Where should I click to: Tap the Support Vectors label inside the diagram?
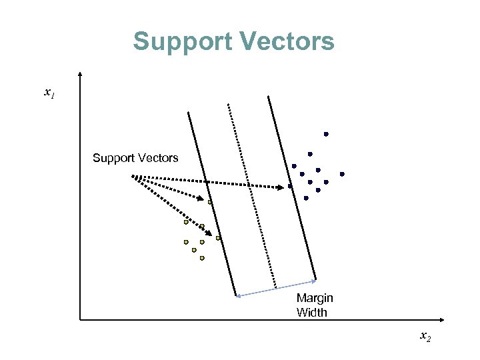(135, 158)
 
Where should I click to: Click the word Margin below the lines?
(315, 298)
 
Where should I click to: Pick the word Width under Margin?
(312, 312)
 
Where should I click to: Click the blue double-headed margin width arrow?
(276, 287)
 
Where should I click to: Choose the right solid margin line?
(291, 187)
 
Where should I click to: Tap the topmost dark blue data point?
(326, 135)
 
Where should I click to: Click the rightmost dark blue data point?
(342, 174)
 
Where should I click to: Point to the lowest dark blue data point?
(306, 198)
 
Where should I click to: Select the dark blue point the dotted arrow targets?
(290, 187)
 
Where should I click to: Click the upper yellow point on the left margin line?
(209, 201)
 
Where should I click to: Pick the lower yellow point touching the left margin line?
(218, 238)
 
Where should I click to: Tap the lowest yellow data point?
(202, 258)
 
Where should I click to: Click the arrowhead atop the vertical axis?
(80, 74)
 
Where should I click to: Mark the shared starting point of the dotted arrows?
(132, 175)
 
